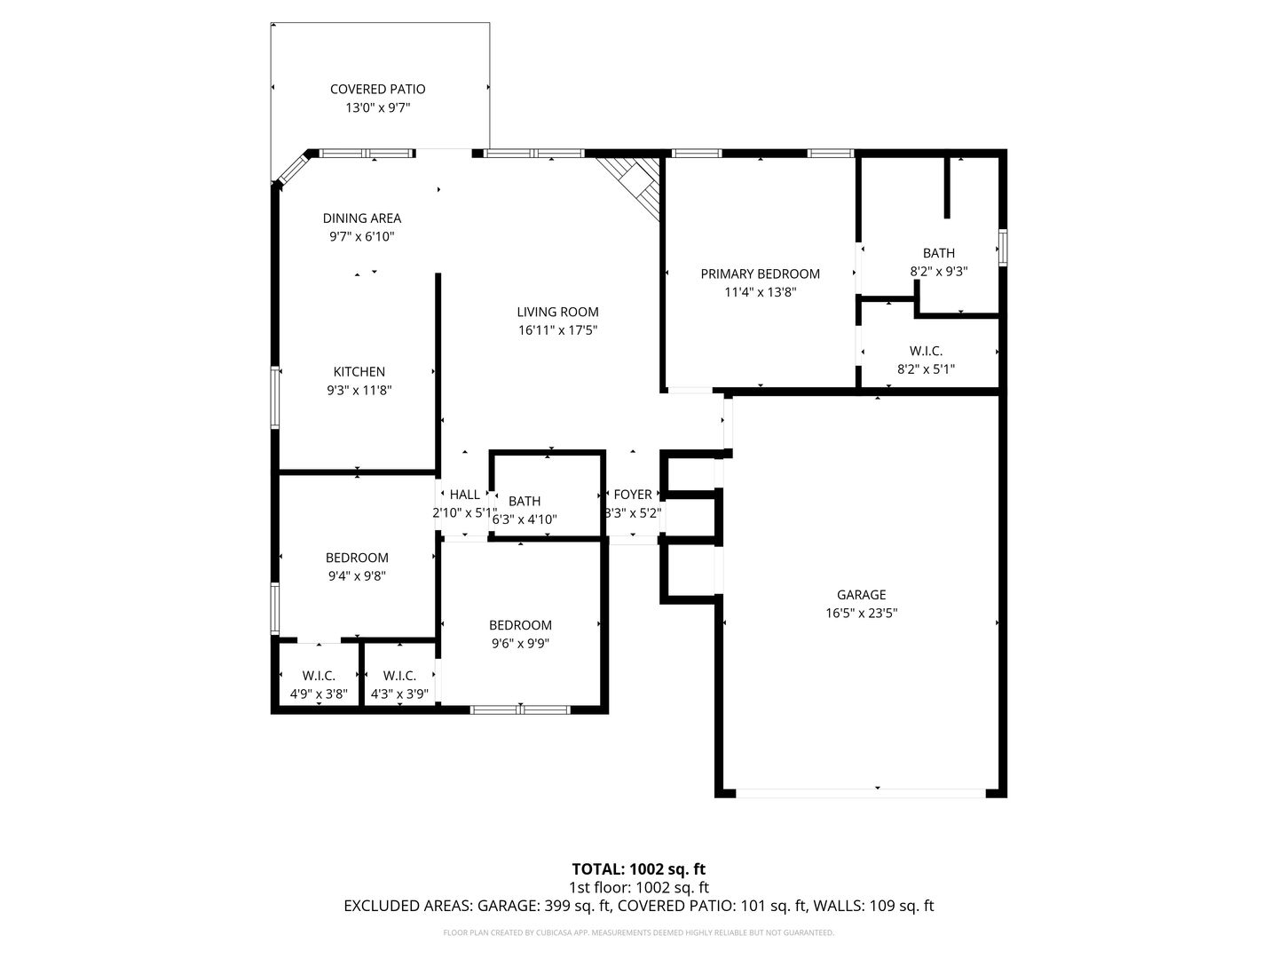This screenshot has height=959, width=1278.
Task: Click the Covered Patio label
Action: coord(377,89)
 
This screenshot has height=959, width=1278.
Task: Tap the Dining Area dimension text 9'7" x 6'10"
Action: coord(361,236)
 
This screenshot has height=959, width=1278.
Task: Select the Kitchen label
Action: coord(359,371)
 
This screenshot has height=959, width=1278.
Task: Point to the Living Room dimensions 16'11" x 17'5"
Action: coord(557,330)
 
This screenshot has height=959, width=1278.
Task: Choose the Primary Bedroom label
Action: coord(760,273)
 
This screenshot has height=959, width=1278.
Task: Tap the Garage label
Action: coord(861,595)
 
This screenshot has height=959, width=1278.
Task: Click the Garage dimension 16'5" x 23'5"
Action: coord(861,613)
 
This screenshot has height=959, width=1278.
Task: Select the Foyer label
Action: coord(632,495)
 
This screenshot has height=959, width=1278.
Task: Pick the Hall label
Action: coord(465,495)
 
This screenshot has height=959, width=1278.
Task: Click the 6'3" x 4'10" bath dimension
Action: coord(524,519)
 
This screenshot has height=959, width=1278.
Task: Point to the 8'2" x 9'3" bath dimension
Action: coord(939,272)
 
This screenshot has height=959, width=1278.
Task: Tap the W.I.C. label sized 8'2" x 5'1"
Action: coord(926,351)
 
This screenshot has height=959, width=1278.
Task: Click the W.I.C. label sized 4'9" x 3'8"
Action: coord(319,676)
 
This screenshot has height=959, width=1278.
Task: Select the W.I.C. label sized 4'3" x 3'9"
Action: coord(399,676)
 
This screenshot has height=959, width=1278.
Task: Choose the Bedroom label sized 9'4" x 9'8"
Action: coord(357,558)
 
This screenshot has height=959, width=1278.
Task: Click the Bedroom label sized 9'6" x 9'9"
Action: coord(520,625)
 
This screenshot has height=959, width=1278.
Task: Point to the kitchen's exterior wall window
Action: coord(275,398)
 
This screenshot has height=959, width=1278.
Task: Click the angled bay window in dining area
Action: coord(292,168)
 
